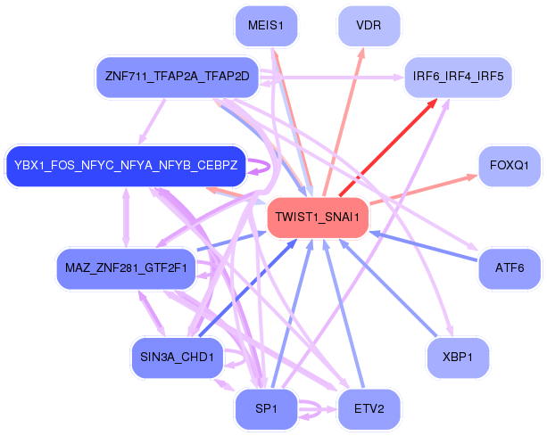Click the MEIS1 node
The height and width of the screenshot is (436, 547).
pyautogui.click(x=266, y=26)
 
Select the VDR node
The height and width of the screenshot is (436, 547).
pyautogui.click(x=369, y=25)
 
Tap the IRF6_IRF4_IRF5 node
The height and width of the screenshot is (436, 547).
pyautogui.click(x=458, y=77)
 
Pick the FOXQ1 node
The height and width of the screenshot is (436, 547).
pyautogui.click(x=510, y=166)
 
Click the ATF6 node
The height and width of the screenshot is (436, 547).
pyautogui.click(x=510, y=267)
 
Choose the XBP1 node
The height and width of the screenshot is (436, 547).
pyautogui.click(x=459, y=356)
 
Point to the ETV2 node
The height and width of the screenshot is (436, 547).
pyautogui.click(x=369, y=409)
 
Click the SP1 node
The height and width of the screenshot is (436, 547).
pyautogui.click(x=266, y=409)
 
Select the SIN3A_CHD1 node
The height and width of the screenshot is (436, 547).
pyautogui.click(x=177, y=357)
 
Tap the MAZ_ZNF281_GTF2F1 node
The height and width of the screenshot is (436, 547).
pyautogui.click(x=126, y=267)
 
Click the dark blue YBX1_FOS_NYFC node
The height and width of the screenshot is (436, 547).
pyautogui.click(x=126, y=166)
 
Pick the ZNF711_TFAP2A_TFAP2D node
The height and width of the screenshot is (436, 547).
pyautogui.click(x=177, y=77)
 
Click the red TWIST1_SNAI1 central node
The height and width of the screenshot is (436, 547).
pyautogui.click(x=317, y=217)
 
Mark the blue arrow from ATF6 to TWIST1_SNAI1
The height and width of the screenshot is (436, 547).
pyautogui.click(x=424, y=244)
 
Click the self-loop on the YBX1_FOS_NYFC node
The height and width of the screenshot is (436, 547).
pyautogui.click(x=259, y=166)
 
